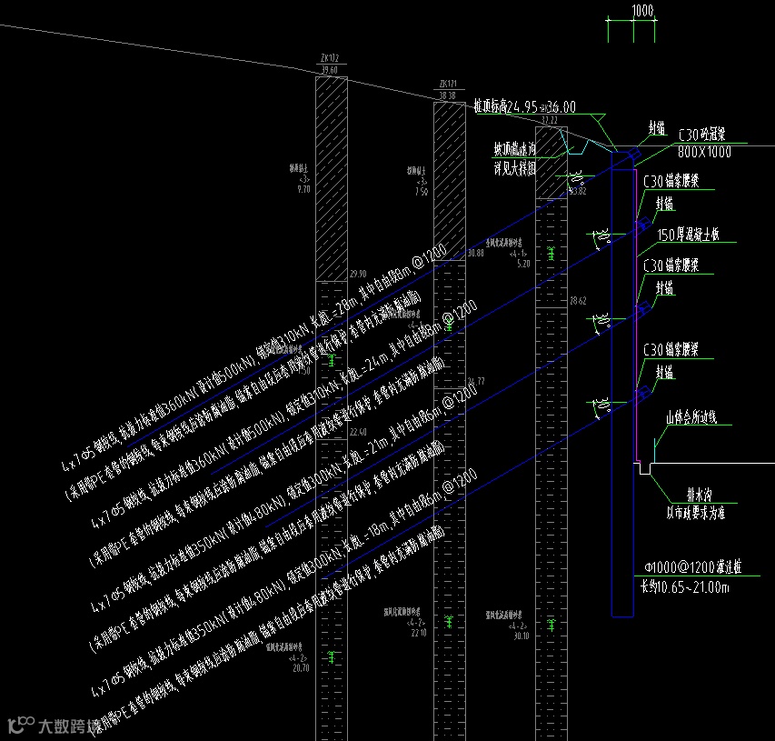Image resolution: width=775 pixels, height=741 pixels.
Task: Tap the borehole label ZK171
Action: [x=447, y=85]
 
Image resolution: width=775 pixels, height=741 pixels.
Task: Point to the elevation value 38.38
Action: [x=447, y=95]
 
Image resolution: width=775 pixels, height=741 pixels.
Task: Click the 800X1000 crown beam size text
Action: [x=704, y=153]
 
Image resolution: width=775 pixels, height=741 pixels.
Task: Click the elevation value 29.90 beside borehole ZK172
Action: [x=358, y=274]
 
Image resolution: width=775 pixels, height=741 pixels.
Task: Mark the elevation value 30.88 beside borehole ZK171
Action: [x=474, y=253]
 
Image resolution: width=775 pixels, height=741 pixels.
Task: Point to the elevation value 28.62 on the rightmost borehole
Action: [x=578, y=300]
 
